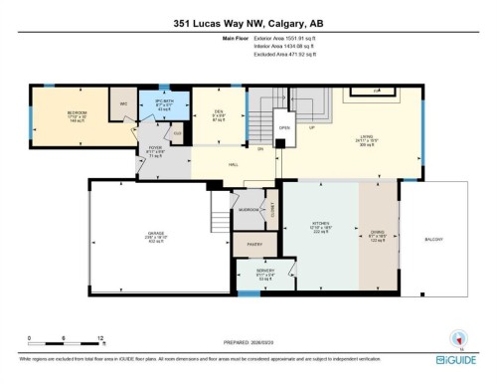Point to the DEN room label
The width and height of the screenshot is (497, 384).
click(206, 112)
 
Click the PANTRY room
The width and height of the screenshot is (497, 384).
click(254, 241)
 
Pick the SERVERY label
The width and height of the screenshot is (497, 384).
click(264, 271)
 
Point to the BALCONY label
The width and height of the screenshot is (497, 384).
click(433, 239)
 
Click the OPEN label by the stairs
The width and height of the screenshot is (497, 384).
click(284, 127)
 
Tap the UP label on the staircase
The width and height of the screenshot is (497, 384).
click(311, 127)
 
